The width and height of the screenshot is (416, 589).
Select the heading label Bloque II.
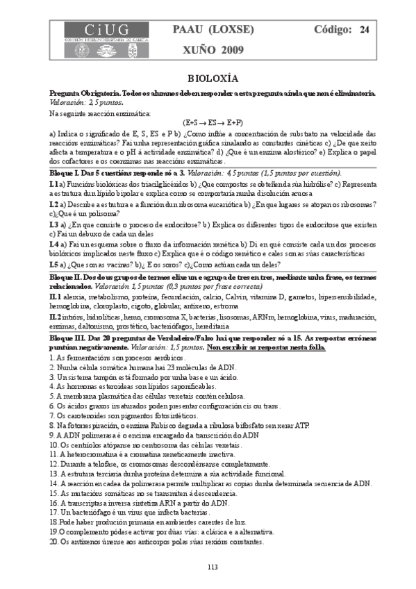pyautogui.click(x=68, y=276)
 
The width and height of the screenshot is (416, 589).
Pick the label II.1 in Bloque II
pyautogui.click(x=55, y=296)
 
